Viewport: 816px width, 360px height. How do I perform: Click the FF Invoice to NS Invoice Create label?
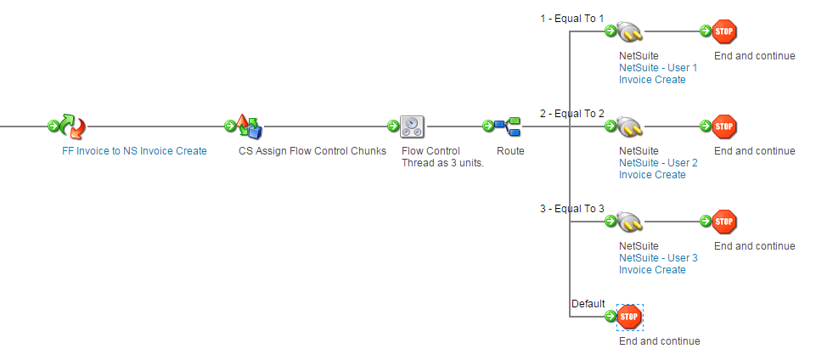pos(134,151)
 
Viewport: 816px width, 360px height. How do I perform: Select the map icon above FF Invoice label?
pos(72,127)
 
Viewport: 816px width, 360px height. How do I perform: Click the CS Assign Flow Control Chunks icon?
pos(248,127)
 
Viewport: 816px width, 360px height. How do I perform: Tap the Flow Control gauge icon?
pos(412,127)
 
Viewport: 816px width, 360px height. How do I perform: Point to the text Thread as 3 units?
pos(442,163)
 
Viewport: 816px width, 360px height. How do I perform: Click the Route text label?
pos(510,151)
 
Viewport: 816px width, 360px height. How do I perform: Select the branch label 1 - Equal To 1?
pos(572,18)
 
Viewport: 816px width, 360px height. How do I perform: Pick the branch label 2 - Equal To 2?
pos(572,113)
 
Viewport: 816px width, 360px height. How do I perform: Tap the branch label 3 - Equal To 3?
pos(572,208)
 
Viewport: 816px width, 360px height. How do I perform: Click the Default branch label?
pos(588,303)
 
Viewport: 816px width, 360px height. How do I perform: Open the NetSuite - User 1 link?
pos(658,68)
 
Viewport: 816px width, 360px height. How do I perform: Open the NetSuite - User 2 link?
pos(658,163)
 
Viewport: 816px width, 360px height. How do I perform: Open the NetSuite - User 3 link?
pos(658,258)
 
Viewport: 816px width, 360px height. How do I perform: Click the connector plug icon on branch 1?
pos(630,31)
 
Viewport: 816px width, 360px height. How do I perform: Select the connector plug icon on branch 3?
pos(630,222)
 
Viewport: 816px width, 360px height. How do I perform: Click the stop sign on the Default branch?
pos(629,317)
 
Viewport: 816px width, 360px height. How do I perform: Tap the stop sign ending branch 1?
pos(724,31)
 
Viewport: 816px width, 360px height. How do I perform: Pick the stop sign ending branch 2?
pos(724,127)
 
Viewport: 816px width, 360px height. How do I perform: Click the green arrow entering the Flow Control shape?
pos(393,127)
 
